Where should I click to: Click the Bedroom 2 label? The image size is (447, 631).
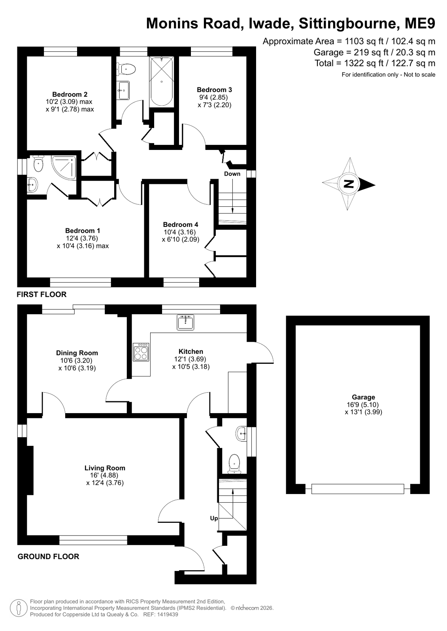tap(70, 94)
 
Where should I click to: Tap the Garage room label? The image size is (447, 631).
tap(363, 397)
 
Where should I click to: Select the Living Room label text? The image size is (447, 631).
tap(105, 468)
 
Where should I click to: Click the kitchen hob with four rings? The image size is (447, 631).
tap(141, 352)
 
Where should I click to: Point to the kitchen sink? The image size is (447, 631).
tap(185, 322)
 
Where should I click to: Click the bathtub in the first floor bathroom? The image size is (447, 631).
tap(161, 81)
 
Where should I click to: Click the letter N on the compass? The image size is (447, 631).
tap(349, 184)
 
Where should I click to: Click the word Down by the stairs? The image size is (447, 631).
tap(232, 174)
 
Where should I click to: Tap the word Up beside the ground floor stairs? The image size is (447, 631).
tap(214, 518)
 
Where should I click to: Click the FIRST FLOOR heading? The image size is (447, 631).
tap(41, 294)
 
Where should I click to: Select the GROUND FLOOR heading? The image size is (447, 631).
tap(48, 556)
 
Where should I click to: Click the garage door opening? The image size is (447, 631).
tap(358, 489)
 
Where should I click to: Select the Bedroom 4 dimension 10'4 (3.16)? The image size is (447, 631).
tap(180, 232)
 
